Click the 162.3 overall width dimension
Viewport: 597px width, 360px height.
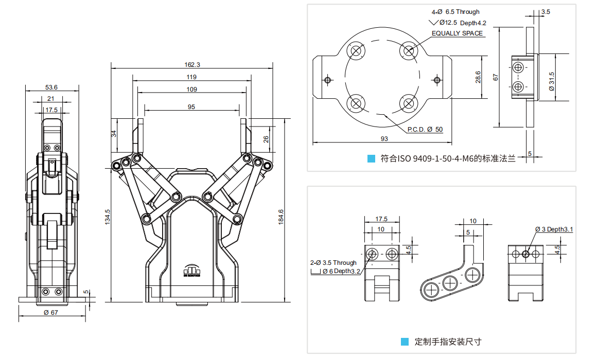[191, 64]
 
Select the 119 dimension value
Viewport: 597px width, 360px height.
[191, 77]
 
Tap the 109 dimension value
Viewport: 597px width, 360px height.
[191, 89]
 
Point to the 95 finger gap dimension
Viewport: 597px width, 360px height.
[191, 107]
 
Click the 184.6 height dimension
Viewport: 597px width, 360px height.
[281, 217]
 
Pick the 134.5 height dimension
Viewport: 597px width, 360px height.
[108, 217]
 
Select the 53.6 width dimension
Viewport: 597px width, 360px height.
[51, 87]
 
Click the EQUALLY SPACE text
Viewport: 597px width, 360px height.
[457, 33]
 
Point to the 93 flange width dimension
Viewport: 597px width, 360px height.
[384, 138]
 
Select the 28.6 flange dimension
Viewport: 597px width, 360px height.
[478, 77]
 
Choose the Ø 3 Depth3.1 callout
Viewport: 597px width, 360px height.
[554, 229]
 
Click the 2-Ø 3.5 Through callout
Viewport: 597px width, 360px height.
[333, 262]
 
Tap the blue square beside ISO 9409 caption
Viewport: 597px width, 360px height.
[371, 159]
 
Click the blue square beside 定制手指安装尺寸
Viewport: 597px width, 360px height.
[405, 341]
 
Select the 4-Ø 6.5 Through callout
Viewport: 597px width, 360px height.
[455, 11]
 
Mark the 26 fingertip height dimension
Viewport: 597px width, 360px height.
[266, 139]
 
